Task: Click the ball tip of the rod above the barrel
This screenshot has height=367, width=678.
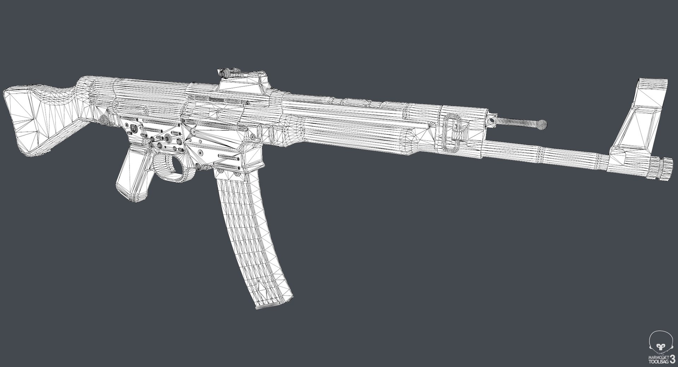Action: coord(542,124)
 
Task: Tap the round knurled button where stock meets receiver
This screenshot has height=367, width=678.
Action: coord(104,120)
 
